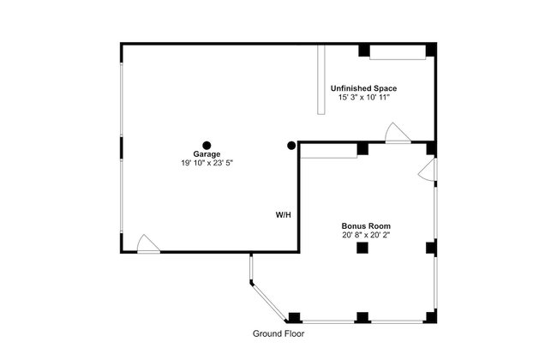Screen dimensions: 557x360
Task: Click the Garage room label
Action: (207, 154)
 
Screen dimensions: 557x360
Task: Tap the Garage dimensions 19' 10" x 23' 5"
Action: (207, 163)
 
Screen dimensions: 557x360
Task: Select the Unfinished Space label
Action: (363, 88)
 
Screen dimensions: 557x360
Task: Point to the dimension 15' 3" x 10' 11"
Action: (364, 98)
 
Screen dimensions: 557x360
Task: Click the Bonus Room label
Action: (366, 226)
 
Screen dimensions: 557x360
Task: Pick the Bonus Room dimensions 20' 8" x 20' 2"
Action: (366, 235)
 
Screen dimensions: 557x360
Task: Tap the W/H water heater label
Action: (284, 215)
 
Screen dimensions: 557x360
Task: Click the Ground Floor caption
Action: (278, 333)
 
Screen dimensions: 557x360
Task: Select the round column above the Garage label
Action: (207, 145)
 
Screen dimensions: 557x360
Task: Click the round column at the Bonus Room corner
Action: (291, 145)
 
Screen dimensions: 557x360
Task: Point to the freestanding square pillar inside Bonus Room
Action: (362, 248)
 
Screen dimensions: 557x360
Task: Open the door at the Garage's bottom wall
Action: (148, 244)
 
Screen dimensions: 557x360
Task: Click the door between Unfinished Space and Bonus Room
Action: (398, 133)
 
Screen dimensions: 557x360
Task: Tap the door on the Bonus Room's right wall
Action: (428, 170)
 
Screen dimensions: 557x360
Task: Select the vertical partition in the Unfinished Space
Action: (321, 79)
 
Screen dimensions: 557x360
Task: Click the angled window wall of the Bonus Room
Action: (268, 302)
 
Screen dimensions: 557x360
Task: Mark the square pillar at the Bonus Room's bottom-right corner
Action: (432, 317)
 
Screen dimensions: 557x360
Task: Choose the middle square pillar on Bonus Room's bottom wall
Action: (362, 318)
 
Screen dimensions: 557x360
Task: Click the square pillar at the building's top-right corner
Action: (431, 50)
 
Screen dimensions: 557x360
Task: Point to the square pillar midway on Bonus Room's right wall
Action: (432, 248)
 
